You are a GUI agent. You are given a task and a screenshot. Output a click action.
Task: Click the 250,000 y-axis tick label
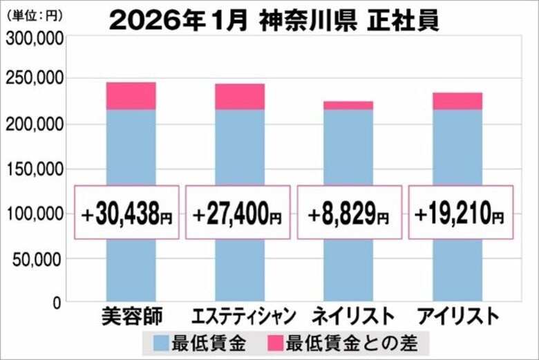35,79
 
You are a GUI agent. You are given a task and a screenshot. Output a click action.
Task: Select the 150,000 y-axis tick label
35,169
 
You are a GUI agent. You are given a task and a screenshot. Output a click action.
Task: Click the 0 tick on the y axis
58,303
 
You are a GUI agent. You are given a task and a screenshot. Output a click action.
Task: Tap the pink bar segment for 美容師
131,96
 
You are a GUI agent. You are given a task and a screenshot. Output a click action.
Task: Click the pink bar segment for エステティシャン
239,97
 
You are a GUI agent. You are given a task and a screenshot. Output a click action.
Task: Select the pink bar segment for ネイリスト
348,105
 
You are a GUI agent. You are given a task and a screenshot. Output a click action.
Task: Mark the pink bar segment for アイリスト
457,101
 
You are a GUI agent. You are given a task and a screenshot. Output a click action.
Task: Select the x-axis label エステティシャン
241,317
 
